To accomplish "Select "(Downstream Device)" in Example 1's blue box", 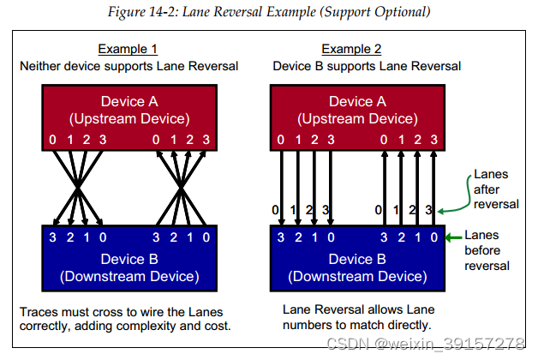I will click(129, 276).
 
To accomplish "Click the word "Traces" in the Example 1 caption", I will click(39, 310).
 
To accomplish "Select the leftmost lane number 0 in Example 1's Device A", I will click(53, 140).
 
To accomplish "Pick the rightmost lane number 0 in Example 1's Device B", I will click(206, 237).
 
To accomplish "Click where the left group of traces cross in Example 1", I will click(78, 184).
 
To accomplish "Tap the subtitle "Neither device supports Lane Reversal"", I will click(128, 65).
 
